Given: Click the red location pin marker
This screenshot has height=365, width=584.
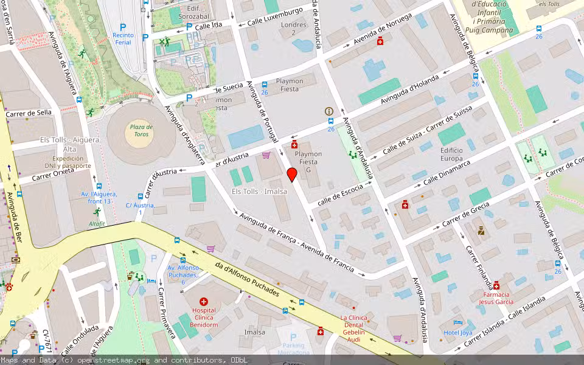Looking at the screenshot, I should [292, 175].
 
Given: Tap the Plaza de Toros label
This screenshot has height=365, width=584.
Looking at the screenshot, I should [141, 131].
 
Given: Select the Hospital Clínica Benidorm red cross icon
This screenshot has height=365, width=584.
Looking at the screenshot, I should [204, 302].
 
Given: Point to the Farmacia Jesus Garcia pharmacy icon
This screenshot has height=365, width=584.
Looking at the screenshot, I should [496, 285].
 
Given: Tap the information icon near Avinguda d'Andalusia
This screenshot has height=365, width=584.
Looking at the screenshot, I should [329, 111].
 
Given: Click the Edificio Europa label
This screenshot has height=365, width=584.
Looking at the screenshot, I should [451, 154].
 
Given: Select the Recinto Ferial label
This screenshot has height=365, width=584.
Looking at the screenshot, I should [123, 39].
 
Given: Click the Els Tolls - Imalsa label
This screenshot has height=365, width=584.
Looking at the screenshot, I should [259, 191].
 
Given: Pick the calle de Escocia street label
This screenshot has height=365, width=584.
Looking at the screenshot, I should [339, 193].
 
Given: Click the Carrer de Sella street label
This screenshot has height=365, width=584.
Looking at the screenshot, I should [29, 113].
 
